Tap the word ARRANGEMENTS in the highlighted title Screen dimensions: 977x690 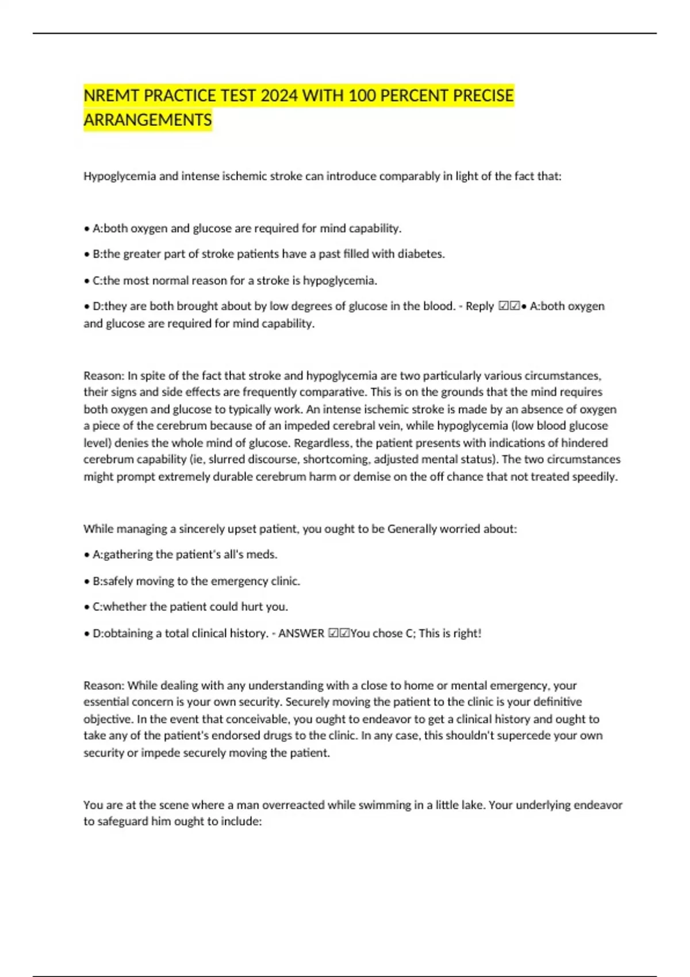point(148,120)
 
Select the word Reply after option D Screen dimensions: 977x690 point(480,306)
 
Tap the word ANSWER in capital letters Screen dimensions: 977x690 point(301,633)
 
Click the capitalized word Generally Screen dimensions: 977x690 point(412,529)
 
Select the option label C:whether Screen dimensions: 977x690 point(119,607)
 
